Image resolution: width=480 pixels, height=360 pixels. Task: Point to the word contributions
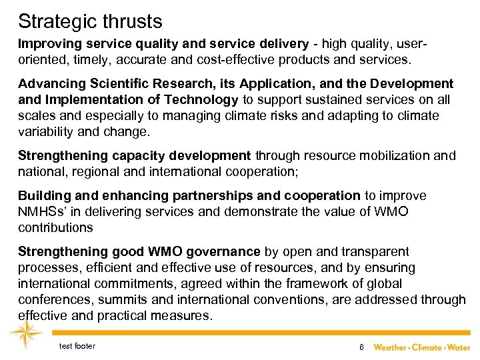coord(55,228)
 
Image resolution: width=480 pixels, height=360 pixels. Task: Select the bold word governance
coord(223,252)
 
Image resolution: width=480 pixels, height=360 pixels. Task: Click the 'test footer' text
coord(77,346)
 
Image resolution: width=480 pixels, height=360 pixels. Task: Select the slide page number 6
coord(361,347)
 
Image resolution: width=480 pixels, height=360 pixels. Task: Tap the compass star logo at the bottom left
coord(26,333)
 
